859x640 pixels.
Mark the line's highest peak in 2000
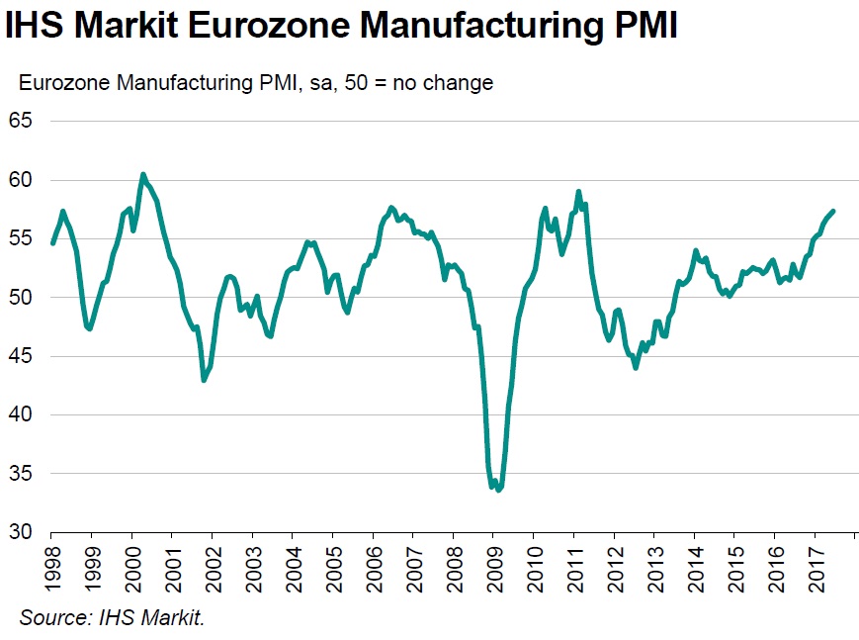143,174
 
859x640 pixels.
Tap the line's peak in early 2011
578,192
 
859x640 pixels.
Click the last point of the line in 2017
834,211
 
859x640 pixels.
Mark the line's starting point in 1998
52,242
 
